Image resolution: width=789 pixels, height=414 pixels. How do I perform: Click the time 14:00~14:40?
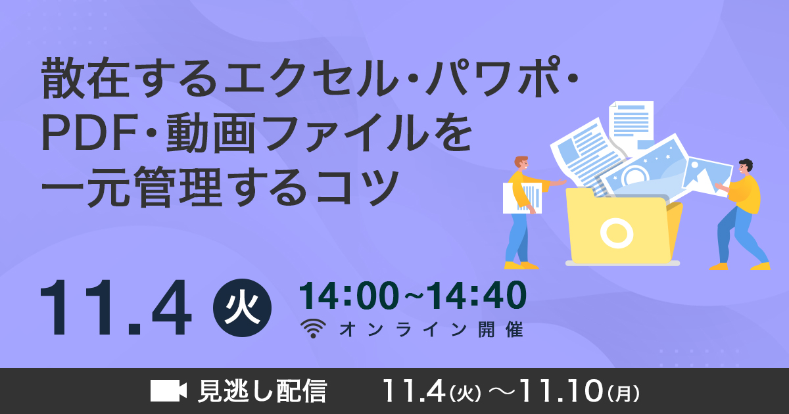pyautogui.click(x=412, y=296)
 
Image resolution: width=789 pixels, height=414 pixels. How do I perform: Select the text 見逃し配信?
pyautogui.click(x=262, y=390)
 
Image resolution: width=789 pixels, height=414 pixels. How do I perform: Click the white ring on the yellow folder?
pyautogui.click(x=616, y=232)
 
